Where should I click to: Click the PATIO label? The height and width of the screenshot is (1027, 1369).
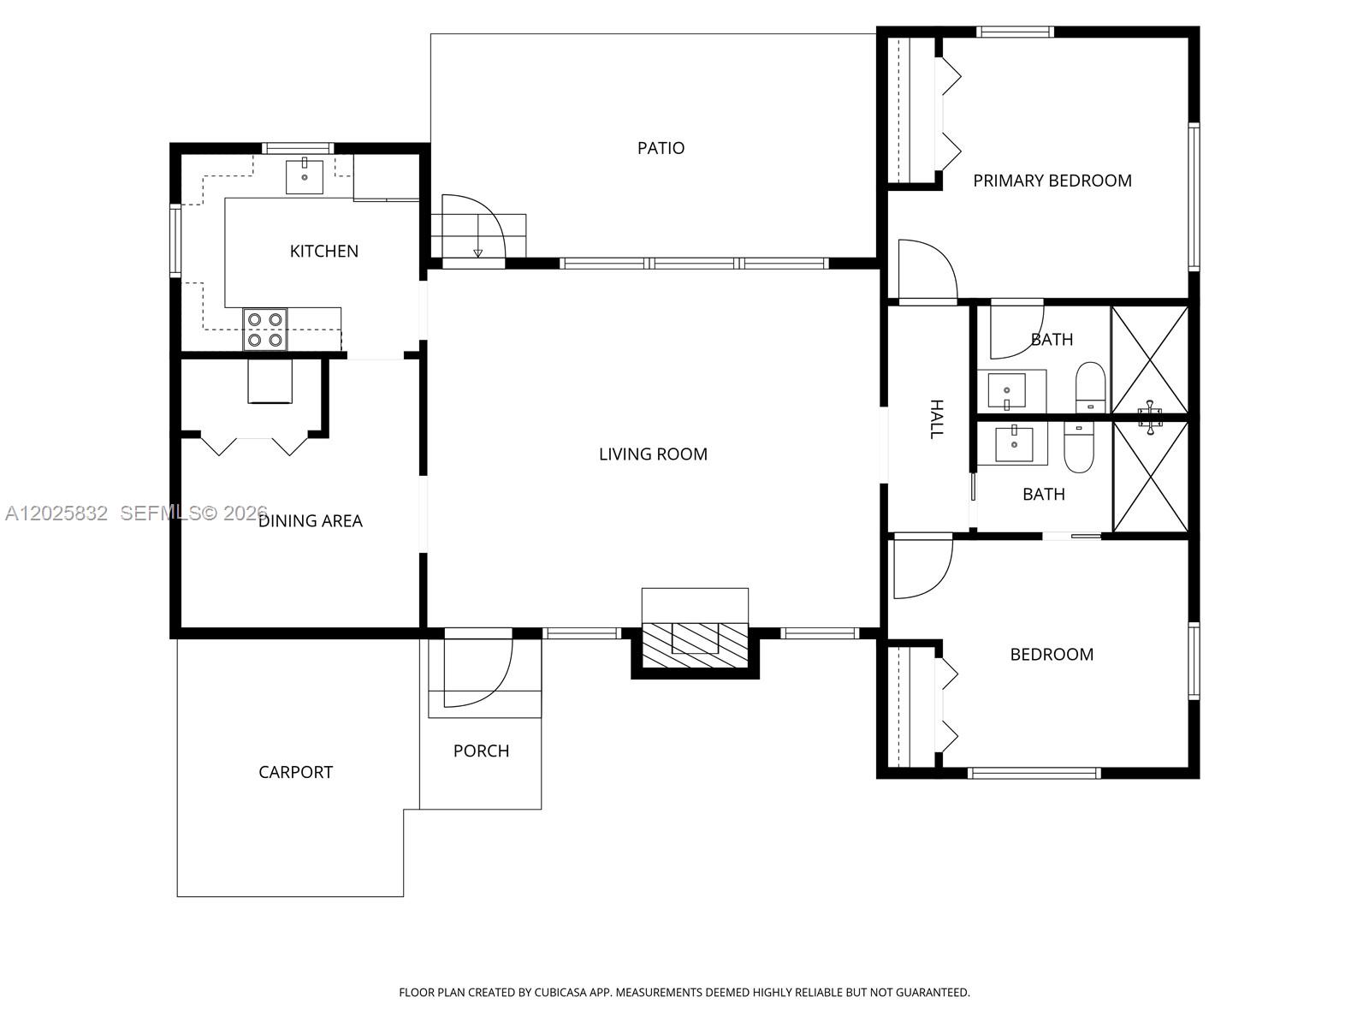(x=661, y=148)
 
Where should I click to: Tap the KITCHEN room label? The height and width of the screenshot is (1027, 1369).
(x=323, y=252)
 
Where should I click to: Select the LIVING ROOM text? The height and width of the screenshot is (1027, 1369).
(x=653, y=454)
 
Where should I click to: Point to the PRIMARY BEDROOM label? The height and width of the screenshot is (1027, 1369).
(x=1052, y=181)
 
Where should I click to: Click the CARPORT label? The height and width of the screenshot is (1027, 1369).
(x=296, y=772)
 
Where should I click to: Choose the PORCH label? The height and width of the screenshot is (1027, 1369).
(x=481, y=751)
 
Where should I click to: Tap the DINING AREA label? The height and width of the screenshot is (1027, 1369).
(x=310, y=520)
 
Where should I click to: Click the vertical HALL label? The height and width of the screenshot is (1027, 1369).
(x=936, y=419)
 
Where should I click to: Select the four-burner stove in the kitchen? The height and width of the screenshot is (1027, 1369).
(x=265, y=329)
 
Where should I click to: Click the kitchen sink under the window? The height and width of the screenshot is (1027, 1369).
(x=305, y=177)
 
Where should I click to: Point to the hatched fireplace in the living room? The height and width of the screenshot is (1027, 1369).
(x=695, y=644)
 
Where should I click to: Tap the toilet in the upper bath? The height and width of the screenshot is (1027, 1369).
(x=1090, y=387)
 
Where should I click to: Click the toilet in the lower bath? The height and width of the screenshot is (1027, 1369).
(x=1079, y=447)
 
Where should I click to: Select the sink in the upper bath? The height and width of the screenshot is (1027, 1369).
(x=1006, y=391)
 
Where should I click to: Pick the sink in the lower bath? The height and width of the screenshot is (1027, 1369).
(x=1014, y=443)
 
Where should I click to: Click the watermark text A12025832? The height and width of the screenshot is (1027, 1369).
(x=56, y=513)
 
